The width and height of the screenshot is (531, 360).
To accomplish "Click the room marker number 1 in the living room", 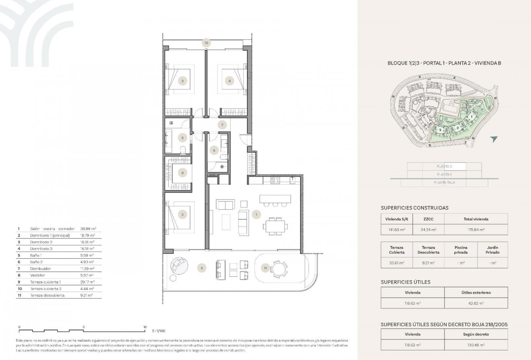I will [256, 215].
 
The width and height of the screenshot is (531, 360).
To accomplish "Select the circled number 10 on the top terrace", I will [206, 43].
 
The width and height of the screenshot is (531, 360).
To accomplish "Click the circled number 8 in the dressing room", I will [183, 173].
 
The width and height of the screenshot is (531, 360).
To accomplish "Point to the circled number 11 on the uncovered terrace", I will [265, 267].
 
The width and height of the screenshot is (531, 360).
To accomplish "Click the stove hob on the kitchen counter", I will [275, 180].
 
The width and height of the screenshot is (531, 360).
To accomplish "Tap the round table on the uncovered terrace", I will [278, 268].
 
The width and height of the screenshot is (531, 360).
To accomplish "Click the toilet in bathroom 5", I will [183, 150].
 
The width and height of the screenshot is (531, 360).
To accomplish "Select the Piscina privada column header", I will [460, 250].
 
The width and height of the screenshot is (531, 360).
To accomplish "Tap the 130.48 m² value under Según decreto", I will [476, 345].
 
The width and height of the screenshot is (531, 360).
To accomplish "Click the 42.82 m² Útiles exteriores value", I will [476, 303].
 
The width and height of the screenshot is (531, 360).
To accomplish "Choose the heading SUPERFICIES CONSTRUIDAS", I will [414, 208].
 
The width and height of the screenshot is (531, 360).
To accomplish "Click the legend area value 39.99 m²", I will [88, 228].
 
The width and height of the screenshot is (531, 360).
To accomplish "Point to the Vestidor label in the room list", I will [37, 275].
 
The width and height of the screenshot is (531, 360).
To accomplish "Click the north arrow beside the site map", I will [494, 139].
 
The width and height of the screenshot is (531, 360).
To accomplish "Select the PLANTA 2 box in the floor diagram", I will [444, 166].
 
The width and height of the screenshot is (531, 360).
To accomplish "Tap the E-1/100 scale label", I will [159, 331].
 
